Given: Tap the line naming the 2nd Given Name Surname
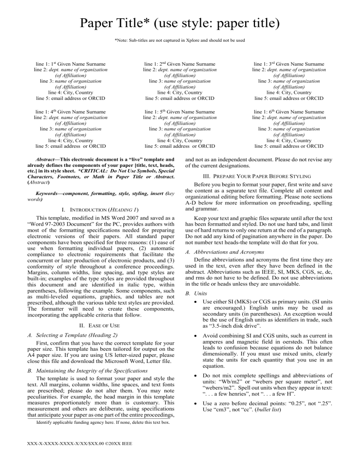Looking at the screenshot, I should point(180,64).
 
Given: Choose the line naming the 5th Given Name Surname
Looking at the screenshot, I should point(180,112).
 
